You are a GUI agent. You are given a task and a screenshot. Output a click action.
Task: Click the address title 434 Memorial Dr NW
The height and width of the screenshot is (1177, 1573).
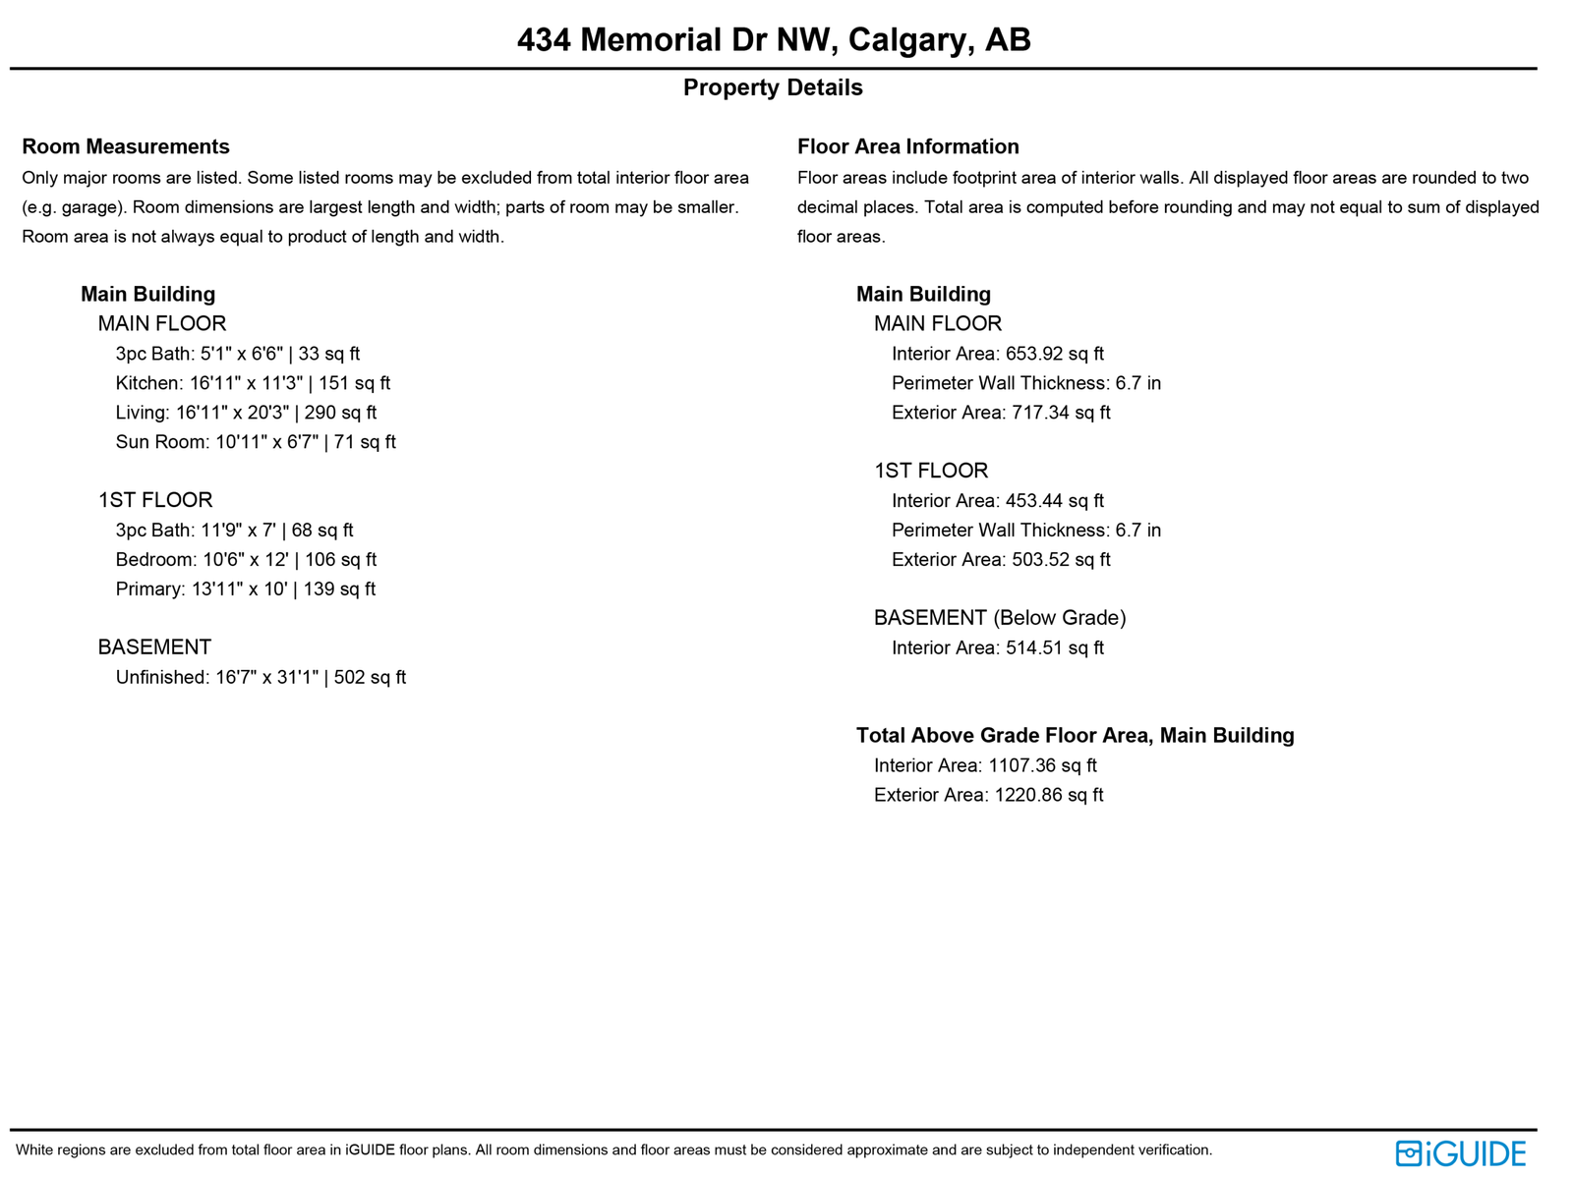773,40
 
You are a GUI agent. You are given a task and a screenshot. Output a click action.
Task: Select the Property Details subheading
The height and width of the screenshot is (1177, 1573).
773,87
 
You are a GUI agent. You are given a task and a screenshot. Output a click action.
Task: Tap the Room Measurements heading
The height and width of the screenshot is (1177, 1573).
125,146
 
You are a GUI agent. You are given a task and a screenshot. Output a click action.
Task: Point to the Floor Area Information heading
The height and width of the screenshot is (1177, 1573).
907,146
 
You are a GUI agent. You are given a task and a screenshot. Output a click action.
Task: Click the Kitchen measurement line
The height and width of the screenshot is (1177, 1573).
253,383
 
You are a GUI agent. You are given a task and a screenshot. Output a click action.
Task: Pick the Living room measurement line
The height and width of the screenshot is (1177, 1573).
246,413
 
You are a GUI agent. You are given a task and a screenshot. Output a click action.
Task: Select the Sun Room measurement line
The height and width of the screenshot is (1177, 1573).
256,442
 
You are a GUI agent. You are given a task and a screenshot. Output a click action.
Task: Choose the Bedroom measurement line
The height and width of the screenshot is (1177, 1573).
246,560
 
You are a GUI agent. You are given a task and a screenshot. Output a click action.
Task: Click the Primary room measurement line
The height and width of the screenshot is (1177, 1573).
246,589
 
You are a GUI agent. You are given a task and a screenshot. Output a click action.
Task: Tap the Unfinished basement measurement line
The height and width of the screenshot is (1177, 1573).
261,677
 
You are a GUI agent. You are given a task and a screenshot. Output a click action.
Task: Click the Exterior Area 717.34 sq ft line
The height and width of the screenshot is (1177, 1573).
1001,413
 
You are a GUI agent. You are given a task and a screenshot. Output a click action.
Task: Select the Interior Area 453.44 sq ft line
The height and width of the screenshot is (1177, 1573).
997,501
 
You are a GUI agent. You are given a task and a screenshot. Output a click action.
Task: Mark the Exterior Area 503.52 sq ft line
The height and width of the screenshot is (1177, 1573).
1001,560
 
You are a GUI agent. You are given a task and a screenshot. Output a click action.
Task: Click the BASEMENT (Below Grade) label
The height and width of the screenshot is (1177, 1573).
1000,618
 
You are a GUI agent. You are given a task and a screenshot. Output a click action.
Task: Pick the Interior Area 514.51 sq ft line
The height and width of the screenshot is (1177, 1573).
997,648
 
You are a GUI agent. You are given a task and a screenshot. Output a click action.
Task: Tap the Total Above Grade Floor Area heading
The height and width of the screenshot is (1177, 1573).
1075,736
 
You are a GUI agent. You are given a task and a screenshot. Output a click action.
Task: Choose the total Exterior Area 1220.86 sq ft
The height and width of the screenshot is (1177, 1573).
988,795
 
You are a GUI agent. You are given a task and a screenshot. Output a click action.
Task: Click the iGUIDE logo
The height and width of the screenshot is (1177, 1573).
1461,1152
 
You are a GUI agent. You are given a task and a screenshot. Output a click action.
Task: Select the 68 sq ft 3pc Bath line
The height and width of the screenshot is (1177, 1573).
234,531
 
